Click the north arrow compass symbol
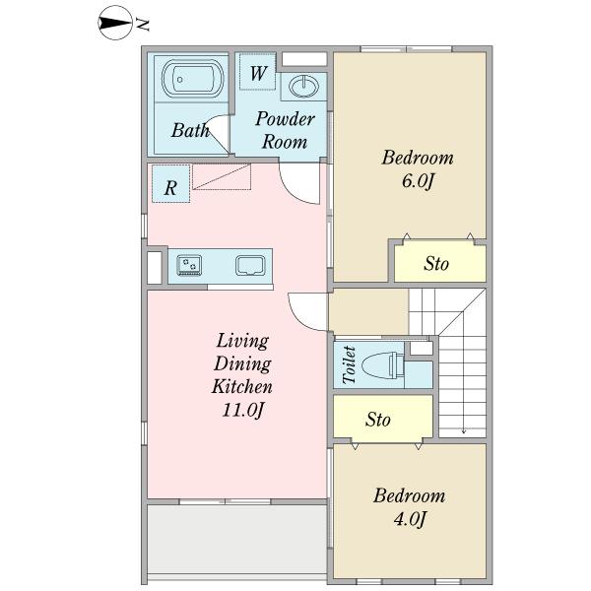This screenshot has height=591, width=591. pyautogui.click(x=115, y=23)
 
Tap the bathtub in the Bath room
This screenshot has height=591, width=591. pyautogui.click(x=193, y=79)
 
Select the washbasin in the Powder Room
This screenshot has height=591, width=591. pyautogui.click(x=303, y=87)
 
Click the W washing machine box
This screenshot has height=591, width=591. pyautogui.click(x=258, y=72)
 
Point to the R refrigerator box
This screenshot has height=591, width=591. pyautogui.click(x=170, y=184)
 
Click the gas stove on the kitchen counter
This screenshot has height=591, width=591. pyautogui.click(x=189, y=265)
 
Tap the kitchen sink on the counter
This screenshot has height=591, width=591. pyautogui.click(x=250, y=265)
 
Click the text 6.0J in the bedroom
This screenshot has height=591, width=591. pyautogui.click(x=418, y=181)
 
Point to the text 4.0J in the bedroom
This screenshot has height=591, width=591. pyautogui.click(x=410, y=519)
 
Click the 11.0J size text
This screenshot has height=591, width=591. pyautogui.click(x=242, y=410)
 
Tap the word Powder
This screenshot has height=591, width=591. pyautogui.click(x=285, y=119)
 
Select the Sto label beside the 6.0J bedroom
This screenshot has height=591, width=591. pyautogui.click(x=436, y=263)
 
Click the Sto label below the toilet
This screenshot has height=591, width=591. pyautogui.click(x=377, y=420)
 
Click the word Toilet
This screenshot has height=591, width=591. pyautogui.click(x=349, y=364)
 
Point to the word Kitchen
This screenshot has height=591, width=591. pyautogui.click(x=242, y=386)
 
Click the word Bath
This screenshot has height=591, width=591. pyautogui.click(x=190, y=130)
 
